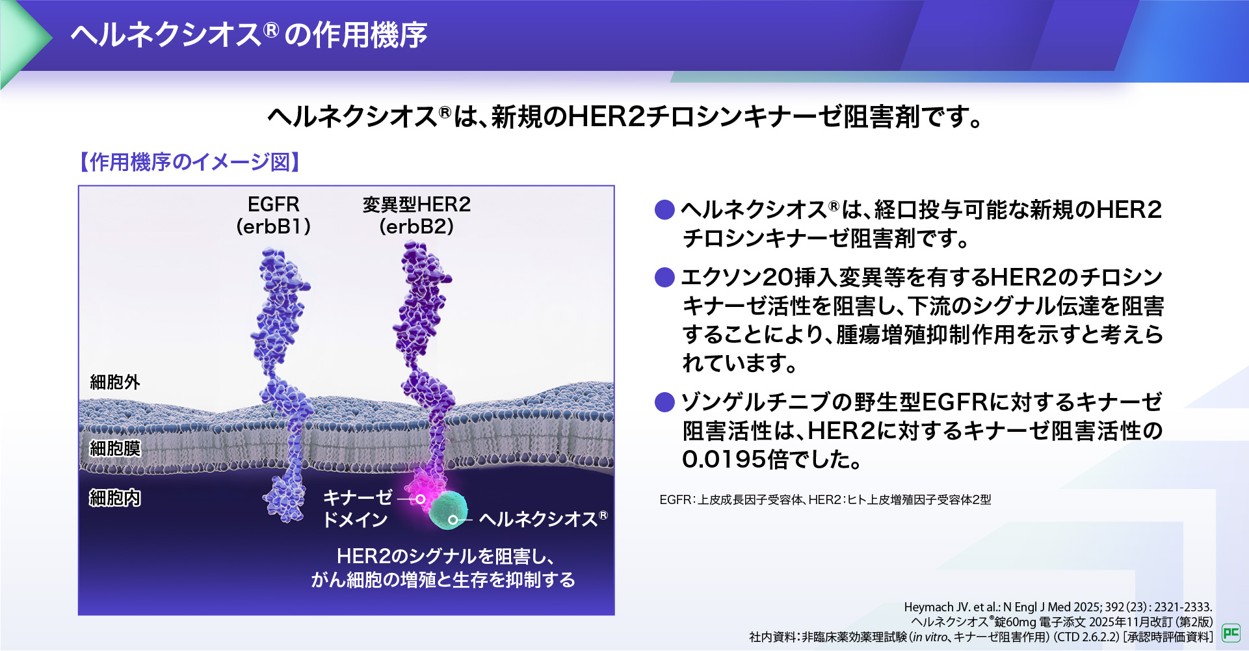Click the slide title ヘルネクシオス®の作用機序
248,34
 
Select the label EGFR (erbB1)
273,215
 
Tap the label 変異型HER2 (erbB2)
416,215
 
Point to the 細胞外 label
115,382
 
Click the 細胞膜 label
115,448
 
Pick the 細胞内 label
115,498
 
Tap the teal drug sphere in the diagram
449,509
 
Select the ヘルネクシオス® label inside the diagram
543,518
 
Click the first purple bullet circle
664,209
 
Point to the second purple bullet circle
664,277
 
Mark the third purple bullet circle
664,402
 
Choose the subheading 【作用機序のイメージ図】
189,162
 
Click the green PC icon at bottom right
1231,632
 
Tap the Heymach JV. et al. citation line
1058,607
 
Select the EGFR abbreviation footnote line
825,499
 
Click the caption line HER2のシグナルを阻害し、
445,556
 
